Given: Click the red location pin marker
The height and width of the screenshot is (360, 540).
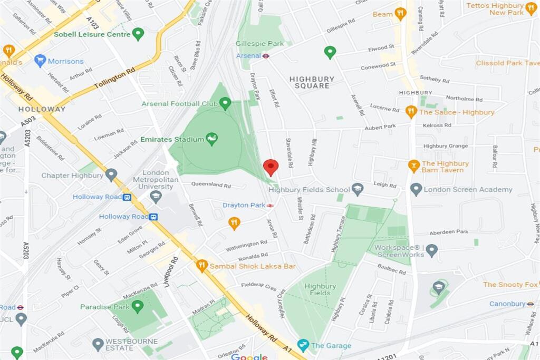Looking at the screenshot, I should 271,167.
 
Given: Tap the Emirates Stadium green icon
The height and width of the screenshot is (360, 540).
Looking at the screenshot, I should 212,139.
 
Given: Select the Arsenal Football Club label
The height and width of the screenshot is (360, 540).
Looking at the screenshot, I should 179,104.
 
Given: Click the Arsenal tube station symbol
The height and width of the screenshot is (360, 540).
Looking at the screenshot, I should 267,55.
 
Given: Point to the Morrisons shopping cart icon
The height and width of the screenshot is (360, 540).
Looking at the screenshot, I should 40,61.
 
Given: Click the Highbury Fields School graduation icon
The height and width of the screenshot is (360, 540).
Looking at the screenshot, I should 358,189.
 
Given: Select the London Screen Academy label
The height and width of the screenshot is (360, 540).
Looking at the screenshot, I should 468,190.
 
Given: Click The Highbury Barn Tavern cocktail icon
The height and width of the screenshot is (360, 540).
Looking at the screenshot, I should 414,166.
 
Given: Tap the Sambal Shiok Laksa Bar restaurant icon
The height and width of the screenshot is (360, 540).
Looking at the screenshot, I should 201,266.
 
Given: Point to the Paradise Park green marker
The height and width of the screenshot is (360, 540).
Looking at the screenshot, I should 138,306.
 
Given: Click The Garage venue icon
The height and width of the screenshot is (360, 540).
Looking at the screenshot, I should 303,345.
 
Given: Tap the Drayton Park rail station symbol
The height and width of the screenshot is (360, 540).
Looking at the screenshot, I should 270,205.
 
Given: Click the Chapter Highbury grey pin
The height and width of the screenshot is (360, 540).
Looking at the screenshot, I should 111,174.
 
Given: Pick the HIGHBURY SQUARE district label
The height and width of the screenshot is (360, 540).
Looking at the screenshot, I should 312,82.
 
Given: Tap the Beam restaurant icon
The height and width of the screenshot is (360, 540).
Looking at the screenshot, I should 400,14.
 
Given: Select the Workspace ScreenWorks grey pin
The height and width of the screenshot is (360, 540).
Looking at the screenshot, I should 431,250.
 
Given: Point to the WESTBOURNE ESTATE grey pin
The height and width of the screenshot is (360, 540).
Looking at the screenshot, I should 98,344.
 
